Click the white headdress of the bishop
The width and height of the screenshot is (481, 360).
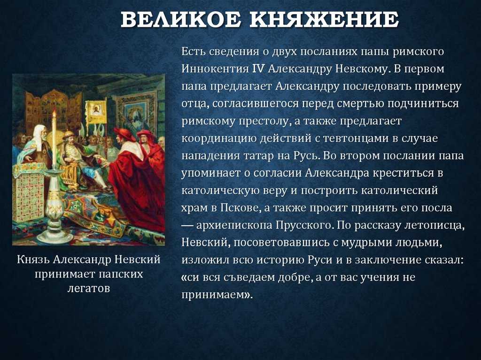click(x=39, y=133)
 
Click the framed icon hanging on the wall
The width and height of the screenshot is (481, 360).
click(x=136, y=113)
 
